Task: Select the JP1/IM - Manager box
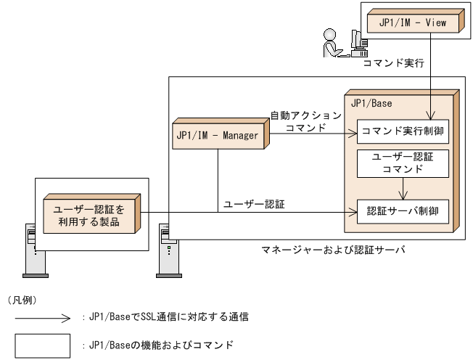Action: coord(217,135)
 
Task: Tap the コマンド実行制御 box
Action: coord(402,131)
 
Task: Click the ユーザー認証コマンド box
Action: coord(402,163)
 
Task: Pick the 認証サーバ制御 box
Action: coord(402,212)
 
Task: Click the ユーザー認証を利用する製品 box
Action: coord(90,213)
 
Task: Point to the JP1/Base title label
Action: coord(371,104)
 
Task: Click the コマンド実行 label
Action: coord(392,64)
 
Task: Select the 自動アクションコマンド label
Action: coord(305,120)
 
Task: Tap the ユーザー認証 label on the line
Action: coord(255,204)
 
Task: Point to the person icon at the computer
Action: coord(331,43)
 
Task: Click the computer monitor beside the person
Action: coord(358,41)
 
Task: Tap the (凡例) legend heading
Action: coord(22,299)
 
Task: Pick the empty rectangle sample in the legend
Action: coord(43,345)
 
